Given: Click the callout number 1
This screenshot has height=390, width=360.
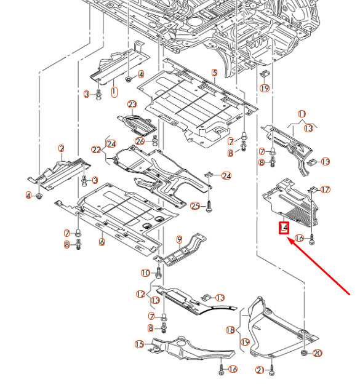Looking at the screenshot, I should [114, 92].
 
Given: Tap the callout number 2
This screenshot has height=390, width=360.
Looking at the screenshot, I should [62, 148].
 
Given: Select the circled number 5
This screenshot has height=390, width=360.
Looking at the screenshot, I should [214, 73].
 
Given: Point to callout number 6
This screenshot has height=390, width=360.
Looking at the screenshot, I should [102, 242].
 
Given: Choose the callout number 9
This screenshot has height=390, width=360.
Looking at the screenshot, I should [180, 239].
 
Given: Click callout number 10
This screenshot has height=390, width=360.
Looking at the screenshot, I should [145, 273].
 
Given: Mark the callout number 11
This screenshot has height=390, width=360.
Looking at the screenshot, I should [302, 114].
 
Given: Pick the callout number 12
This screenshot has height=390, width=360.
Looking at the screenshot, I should [140, 294].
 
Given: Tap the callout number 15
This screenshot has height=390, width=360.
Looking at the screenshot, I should [140, 344].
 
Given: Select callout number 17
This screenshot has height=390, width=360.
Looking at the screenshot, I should [326, 189].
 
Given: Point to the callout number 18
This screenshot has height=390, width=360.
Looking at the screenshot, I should [230, 330].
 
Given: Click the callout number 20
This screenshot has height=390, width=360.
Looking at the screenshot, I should [318, 353].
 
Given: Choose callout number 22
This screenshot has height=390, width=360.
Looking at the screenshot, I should [96, 149].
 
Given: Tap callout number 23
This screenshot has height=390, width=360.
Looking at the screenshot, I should [132, 105].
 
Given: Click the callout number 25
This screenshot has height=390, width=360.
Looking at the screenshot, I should [195, 205].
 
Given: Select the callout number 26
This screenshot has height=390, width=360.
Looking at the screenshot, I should [140, 141].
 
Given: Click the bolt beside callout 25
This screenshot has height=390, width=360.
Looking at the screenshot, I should [210, 206].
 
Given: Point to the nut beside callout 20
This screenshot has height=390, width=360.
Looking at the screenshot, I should [304, 353].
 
